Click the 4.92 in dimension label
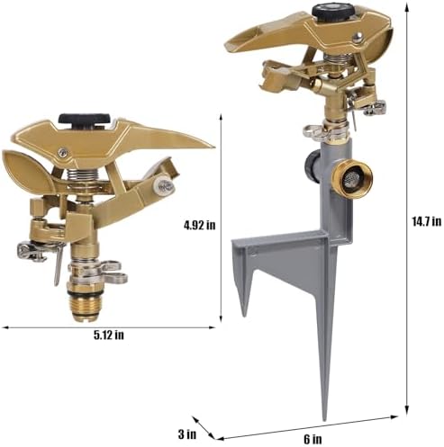click(200, 225)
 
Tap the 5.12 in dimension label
click(109, 335)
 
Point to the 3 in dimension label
click(187, 434)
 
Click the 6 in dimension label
click(313, 440)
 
